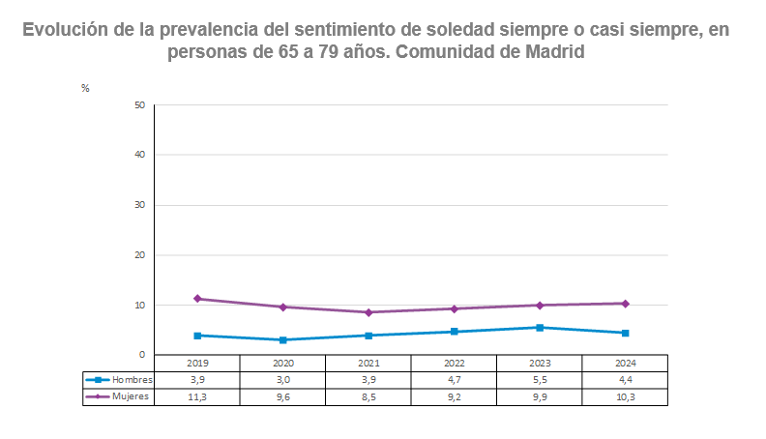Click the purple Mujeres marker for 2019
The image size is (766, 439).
pos(197,299)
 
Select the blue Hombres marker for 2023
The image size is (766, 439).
pos(540,328)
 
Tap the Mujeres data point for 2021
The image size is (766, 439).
pos(368,312)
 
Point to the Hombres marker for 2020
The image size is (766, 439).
pos(282,340)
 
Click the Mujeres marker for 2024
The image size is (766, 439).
pos(625,304)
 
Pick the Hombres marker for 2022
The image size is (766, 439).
pos(454,332)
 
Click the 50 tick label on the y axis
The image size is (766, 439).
pos(139,104)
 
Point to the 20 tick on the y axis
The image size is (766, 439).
pos(139,255)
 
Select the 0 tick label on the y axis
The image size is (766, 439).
pos(142,355)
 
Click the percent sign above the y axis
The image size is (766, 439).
pos(85,88)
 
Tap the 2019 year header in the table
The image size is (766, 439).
pos(197,363)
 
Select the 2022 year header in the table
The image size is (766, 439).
pos(454,363)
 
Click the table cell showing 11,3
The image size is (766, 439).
pos(197,396)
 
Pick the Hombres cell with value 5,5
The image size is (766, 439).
pos(540,380)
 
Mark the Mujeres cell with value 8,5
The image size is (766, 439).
pos(368,396)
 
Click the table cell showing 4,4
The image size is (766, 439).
pos(625,380)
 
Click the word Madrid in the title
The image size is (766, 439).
pos(555,52)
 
